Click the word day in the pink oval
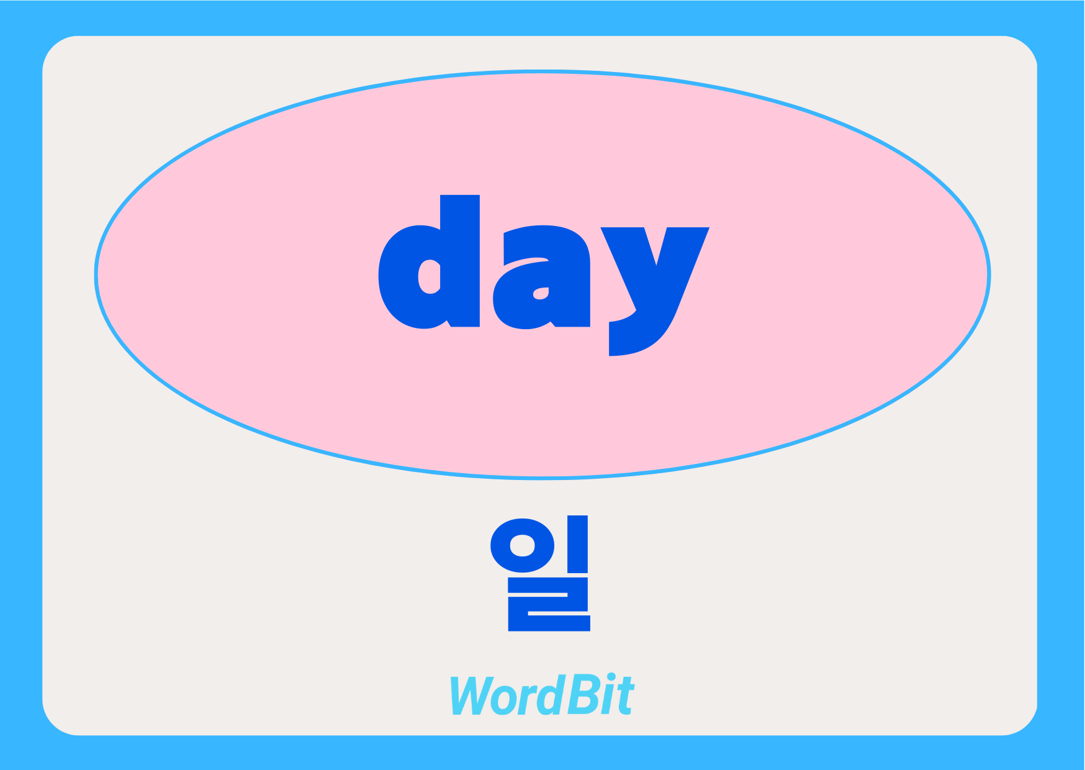(x=544, y=275)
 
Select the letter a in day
(x=541, y=277)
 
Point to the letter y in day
(x=655, y=291)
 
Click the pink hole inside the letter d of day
(x=430, y=276)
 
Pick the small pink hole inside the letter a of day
(x=541, y=293)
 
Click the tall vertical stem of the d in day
(x=460, y=261)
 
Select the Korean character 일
(x=540, y=573)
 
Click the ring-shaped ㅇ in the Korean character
(x=522, y=546)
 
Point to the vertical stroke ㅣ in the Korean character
(x=578, y=544)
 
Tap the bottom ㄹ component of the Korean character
(x=549, y=604)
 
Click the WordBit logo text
(x=542, y=695)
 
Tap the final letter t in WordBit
(x=625, y=697)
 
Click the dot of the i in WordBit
(x=611, y=678)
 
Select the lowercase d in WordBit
(x=551, y=695)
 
